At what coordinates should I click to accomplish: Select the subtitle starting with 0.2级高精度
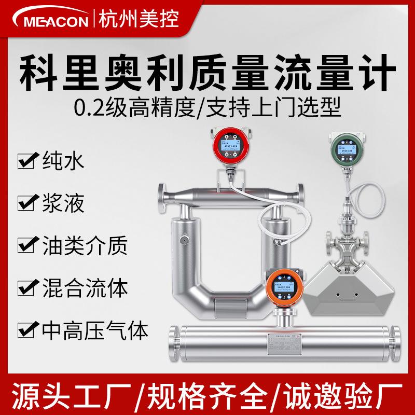point(208,108)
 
